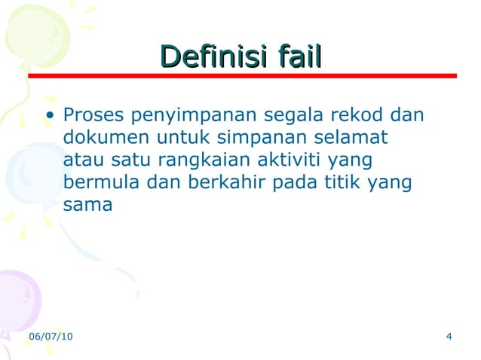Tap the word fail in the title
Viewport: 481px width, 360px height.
click(299, 56)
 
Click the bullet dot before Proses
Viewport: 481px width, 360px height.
click(51, 117)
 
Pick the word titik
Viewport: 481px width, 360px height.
click(348, 182)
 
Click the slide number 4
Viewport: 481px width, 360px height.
click(449, 336)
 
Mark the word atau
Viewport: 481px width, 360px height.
click(83, 160)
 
